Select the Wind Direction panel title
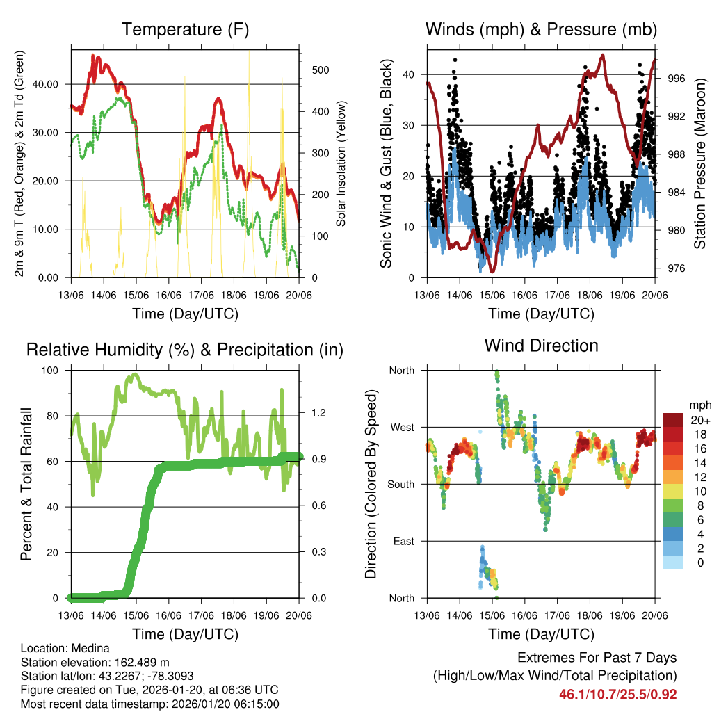coord(541,346)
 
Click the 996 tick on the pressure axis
coord(676,79)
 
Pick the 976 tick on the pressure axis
coord(676,268)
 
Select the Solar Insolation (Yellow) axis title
coord(341,163)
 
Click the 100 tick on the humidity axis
coord(54,371)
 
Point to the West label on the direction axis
coord(401,427)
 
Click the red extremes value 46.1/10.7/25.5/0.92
coord(617,694)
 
